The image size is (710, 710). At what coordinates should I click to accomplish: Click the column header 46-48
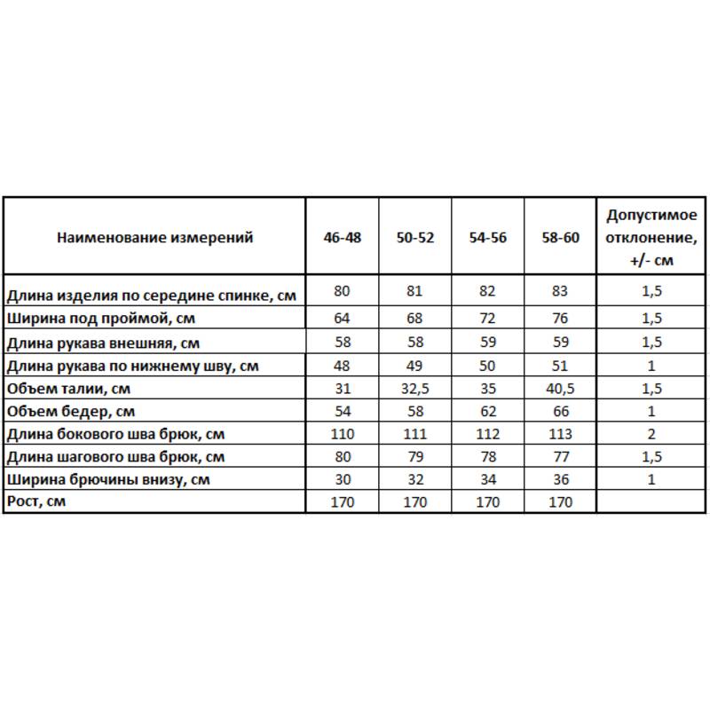343,237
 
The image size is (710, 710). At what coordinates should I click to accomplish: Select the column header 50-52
415,237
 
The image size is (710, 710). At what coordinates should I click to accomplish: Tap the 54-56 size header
487,237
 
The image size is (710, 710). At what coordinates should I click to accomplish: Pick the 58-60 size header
560,237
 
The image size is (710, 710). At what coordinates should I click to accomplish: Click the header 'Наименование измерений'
154,237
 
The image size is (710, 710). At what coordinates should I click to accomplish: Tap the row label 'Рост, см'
36,502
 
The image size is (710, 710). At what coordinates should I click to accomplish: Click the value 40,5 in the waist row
560,389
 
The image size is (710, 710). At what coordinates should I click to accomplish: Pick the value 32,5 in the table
415,389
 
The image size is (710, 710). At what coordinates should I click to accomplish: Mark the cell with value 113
560,434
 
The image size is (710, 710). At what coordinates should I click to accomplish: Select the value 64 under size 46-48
343,317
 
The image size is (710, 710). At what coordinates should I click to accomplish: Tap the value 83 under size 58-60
560,290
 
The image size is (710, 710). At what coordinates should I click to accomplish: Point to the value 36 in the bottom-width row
560,479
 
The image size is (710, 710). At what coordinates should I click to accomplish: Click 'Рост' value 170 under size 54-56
487,502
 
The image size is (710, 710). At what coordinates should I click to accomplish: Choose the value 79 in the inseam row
415,457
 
